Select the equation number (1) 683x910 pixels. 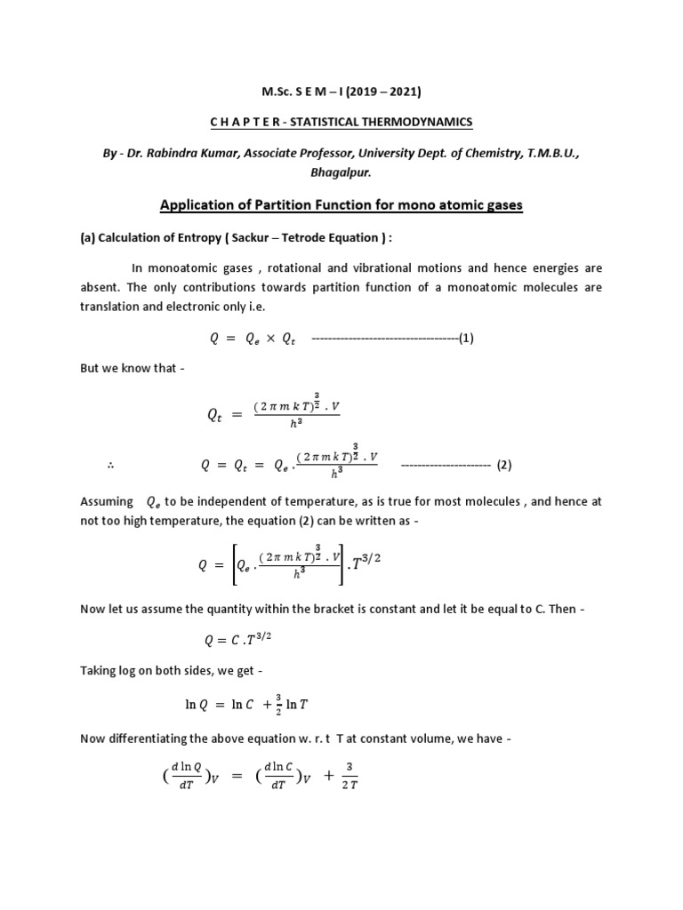468,339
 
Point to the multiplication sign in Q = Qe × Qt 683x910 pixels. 267,339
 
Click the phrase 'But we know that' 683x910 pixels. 128,368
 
